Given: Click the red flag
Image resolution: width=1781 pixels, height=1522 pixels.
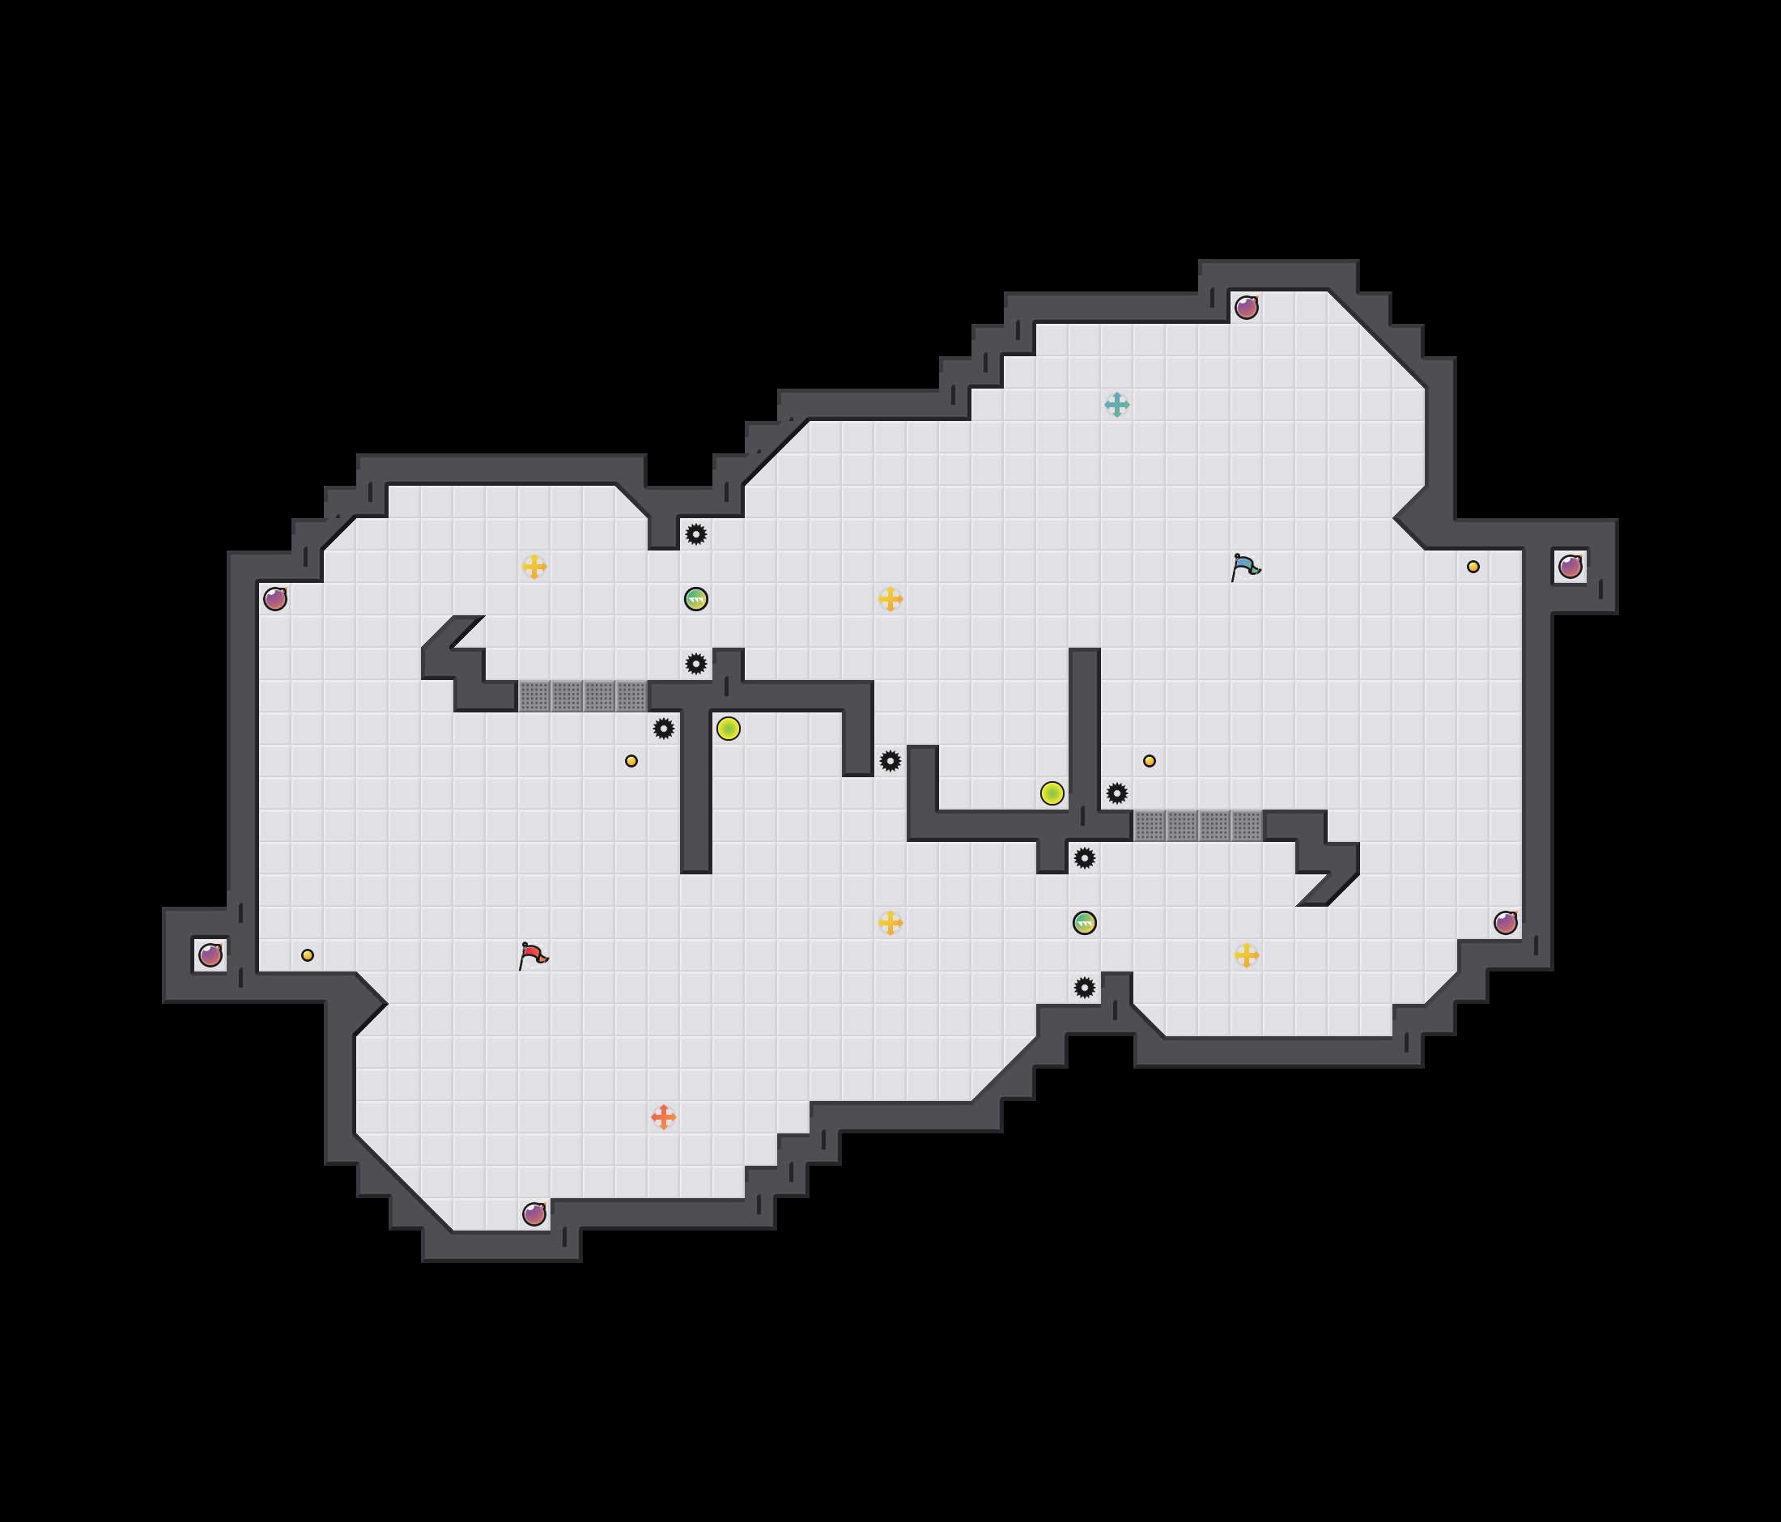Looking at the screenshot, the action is tap(533, 954).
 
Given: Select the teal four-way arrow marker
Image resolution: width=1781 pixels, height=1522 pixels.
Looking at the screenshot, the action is tap(1116, 404).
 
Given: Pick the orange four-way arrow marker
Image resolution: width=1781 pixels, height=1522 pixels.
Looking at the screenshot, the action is tap(663, 1116).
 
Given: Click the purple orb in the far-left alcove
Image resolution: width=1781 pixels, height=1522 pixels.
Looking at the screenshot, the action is tap(210, 954).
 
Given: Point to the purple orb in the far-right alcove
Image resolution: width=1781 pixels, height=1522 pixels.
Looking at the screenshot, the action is tap(1570, 567).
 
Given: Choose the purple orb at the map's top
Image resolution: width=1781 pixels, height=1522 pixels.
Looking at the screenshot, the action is tap(1246, 307).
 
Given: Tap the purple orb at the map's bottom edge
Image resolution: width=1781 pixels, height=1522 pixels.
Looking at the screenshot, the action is tap(533, 1214).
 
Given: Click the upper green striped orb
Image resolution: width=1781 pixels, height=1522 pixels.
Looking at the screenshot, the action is tap(695, 599).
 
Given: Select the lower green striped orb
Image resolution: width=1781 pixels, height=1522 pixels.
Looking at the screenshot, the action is tap(1084, 923).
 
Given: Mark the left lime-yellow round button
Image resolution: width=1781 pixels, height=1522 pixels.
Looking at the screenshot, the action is tap(728, 729).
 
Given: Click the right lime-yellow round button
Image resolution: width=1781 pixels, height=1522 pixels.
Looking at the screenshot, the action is tap(1052, 793).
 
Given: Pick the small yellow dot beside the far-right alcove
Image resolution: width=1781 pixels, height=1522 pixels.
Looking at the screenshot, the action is tap(1473, 567).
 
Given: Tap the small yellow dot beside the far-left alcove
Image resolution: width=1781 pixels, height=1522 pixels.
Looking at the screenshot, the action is tap(307, 954).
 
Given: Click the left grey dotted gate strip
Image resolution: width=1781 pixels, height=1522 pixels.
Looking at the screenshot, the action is tap(582, 696).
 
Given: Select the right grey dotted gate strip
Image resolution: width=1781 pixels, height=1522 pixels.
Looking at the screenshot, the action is tap(1197, 826).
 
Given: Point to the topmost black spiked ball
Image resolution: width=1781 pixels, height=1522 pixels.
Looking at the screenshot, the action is tap(695, 534).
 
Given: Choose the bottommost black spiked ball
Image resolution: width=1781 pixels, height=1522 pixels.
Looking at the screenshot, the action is tap(1084, 988).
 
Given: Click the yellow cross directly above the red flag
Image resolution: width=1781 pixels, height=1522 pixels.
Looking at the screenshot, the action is tap(533, 567).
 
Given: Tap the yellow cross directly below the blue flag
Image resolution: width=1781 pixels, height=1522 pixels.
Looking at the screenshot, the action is tap(1246, 954).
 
